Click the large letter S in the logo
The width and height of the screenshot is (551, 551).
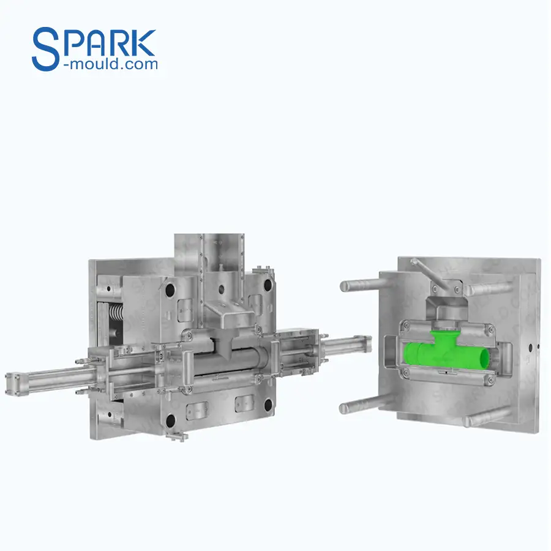pyautogui.click(x=46, y=47)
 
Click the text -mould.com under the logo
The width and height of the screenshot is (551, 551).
pyautogui.click(x=110, y=63)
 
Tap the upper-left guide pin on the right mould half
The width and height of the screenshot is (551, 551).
pyautogui.click(x=358, y=285)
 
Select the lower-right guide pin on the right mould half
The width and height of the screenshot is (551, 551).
pyautogui.click(x=484, y=418)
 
